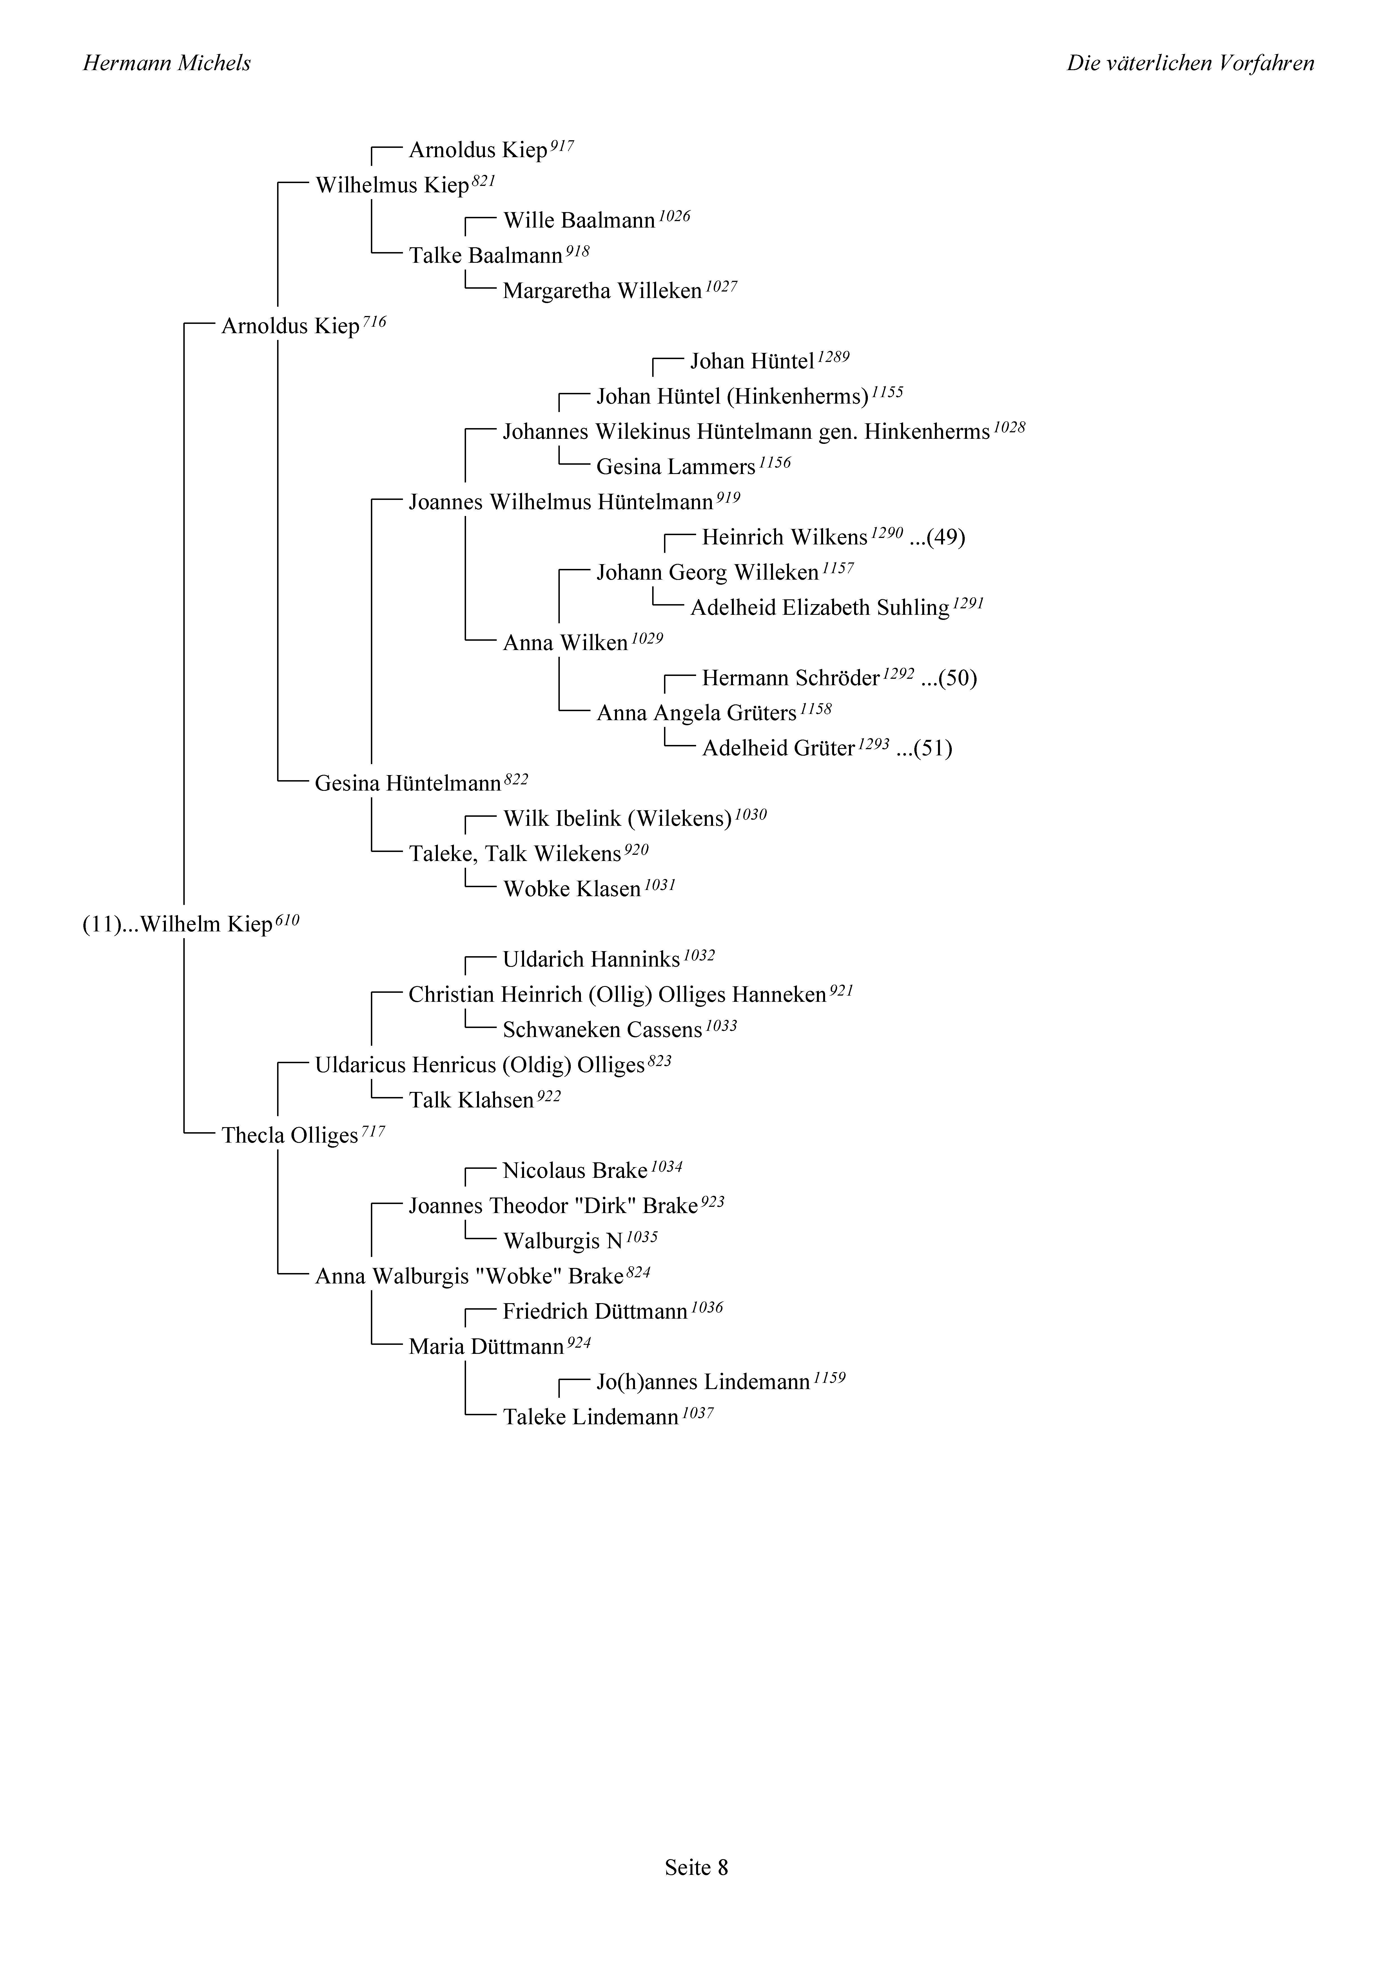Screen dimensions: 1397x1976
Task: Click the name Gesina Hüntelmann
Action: tap(408, 783)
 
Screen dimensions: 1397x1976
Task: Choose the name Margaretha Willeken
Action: tap(603, 291)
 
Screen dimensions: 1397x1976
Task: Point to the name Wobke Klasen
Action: tap(572, 889)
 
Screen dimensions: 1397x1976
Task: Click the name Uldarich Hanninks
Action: tap(591, 960)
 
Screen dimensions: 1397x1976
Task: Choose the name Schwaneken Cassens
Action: tap(603, 1030)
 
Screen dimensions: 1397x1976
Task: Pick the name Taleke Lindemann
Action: tap(591, 1418)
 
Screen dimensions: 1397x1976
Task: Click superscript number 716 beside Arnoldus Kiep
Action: tap(375, 322)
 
